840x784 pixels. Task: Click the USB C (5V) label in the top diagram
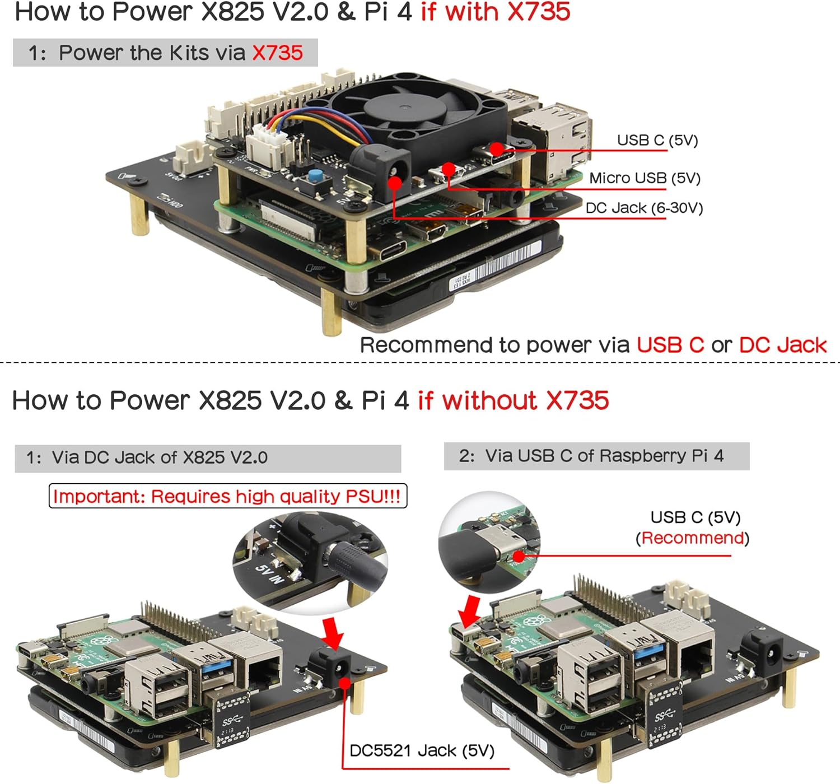[657, 140]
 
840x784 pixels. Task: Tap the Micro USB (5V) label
[645, 178]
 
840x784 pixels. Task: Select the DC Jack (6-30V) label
[644, 208]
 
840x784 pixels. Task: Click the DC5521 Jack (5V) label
[422, 750]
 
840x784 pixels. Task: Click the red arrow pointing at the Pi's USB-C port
[469, 612]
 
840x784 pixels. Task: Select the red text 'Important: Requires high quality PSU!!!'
[227, 497]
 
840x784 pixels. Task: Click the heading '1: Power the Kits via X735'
[165, 53]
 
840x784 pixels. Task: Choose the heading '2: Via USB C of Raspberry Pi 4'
[596, 456]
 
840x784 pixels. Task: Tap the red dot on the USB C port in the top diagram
[496, 149]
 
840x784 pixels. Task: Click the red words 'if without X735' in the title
[513, 401]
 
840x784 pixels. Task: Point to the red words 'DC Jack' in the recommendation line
[782, 345]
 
